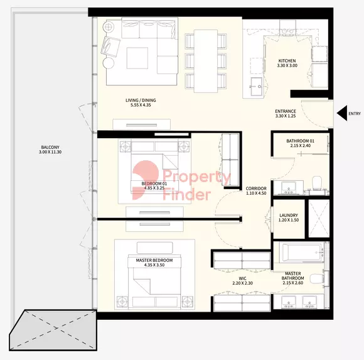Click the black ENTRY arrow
coord(342,113)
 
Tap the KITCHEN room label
coord(287,61)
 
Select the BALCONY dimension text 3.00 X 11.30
coord(50,152)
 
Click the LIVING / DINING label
coord(141,101)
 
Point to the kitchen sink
coord(257,87)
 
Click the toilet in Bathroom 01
coord(317,183)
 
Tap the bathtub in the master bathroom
coord(301,253)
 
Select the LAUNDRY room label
coord(289,215)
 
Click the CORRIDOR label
coord(256,188)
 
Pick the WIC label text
coord(242,278)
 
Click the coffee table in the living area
coord(137,58)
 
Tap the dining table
coord(206,61)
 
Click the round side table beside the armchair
coord(109,63)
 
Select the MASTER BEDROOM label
coord(154,260)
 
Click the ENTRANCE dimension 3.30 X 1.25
coord(286,116)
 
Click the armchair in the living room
coord(110,46)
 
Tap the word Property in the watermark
coord(197,178)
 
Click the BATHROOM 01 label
coord(300,141)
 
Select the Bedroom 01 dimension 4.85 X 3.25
coord(154,188)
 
